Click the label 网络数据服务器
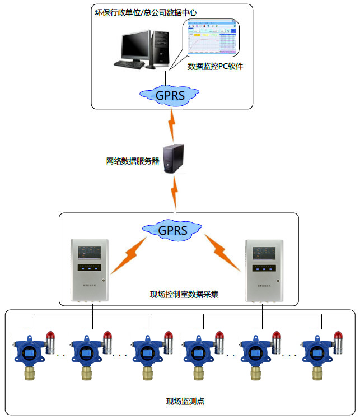tap(133, 161)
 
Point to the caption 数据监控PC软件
tap(216, 66)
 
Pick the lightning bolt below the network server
tap(176, 193)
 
